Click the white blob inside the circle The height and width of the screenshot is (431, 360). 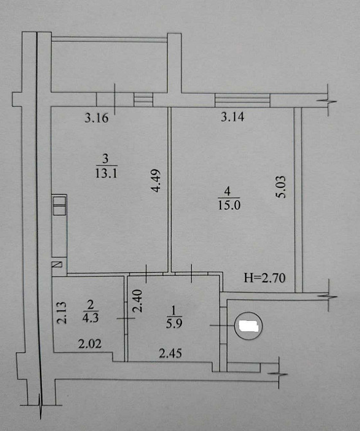click(x=248, y=327)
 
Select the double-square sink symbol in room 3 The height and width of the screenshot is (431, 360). click(x=59, y=206)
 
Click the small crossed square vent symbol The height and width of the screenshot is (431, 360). click(x=57, y=264)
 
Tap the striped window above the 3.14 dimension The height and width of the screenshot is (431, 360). click(x=242, y=100)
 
